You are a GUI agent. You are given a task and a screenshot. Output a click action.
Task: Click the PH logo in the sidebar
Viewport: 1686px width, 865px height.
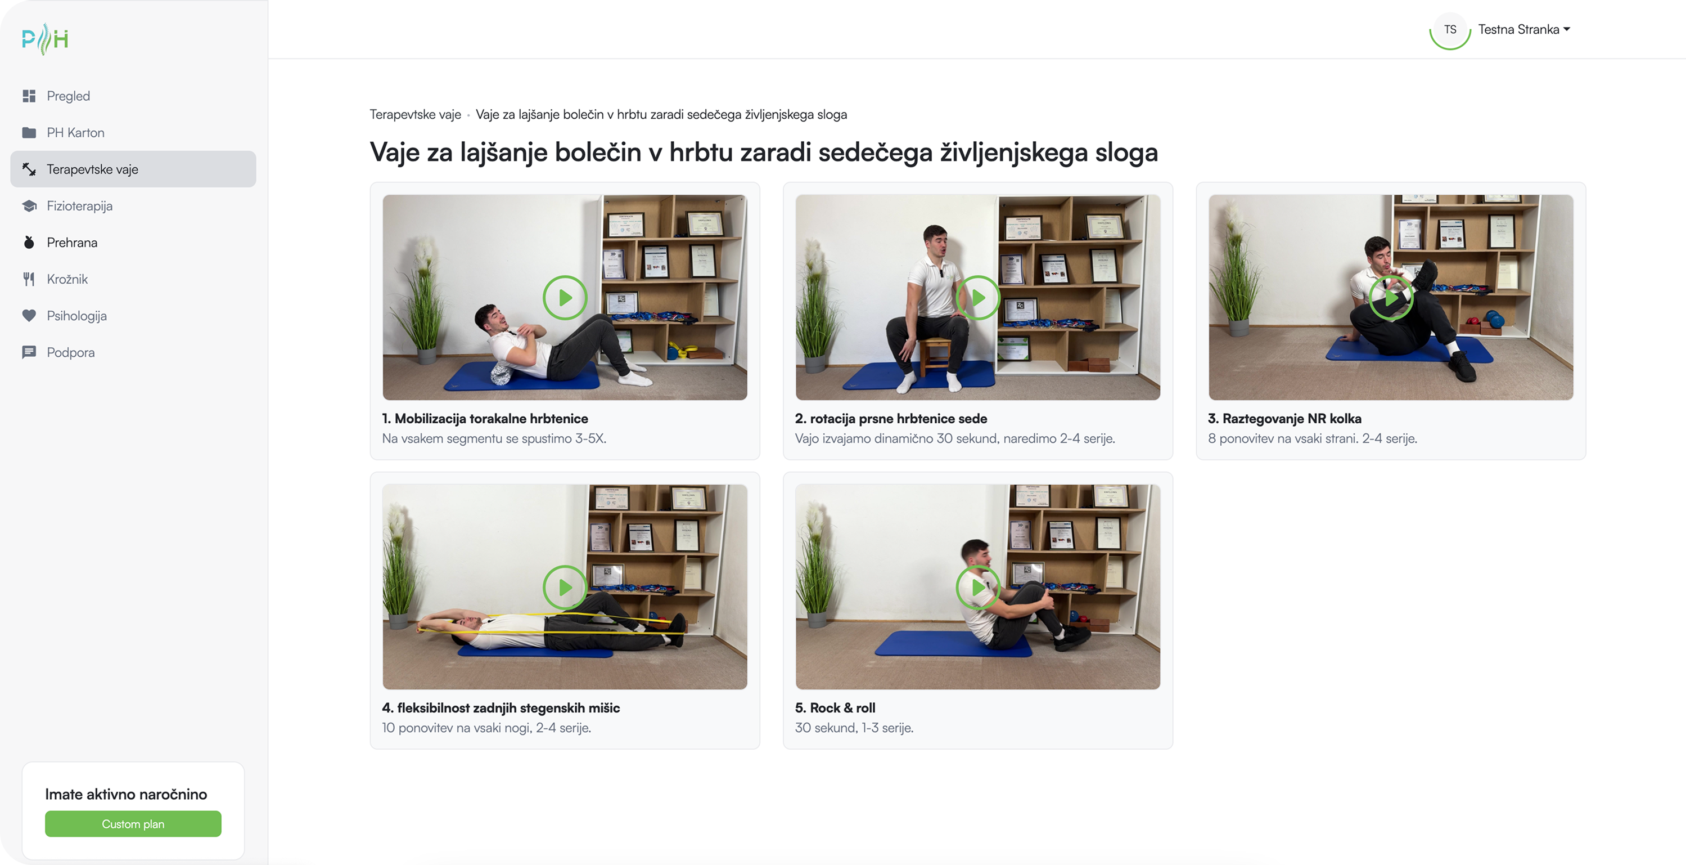[44, 39]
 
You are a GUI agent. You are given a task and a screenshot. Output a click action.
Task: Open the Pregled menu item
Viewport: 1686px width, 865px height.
[68, 96]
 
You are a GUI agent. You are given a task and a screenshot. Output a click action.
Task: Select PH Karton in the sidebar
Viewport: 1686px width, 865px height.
[75, 133]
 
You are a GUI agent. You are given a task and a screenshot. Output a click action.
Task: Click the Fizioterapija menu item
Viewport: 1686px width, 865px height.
[79, 207]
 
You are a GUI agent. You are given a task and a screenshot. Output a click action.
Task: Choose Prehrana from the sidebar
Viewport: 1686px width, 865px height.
[72, 243]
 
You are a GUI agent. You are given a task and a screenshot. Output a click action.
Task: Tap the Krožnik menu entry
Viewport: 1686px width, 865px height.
[67, 280]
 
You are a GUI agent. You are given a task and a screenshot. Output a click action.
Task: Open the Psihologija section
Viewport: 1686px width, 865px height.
[76, 316]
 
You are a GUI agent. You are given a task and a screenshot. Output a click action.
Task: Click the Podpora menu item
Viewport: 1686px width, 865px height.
[71, 353]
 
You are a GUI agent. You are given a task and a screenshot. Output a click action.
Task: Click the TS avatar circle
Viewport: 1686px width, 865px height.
[1450, 29]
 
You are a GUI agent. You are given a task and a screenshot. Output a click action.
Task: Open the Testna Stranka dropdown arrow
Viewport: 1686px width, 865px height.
[1567, 29]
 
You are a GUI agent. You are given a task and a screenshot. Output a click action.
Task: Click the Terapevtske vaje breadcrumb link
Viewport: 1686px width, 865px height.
[415, 115]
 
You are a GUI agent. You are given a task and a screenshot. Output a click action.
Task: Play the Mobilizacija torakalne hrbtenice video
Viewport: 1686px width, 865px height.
[565, 298]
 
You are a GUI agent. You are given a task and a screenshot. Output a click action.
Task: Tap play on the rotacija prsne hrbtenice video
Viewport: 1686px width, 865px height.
[978, 298]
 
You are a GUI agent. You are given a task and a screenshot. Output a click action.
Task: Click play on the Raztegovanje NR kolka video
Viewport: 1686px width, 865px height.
[1391, 298]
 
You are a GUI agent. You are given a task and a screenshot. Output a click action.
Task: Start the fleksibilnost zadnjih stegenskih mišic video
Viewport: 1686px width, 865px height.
[565, 588]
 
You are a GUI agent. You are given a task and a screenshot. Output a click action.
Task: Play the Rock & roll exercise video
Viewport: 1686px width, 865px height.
[978, 588]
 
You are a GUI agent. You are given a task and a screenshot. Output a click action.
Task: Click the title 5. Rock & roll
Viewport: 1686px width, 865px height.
[835, 708]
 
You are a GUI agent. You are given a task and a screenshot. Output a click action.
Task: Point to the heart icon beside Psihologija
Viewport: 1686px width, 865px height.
[29, 316]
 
